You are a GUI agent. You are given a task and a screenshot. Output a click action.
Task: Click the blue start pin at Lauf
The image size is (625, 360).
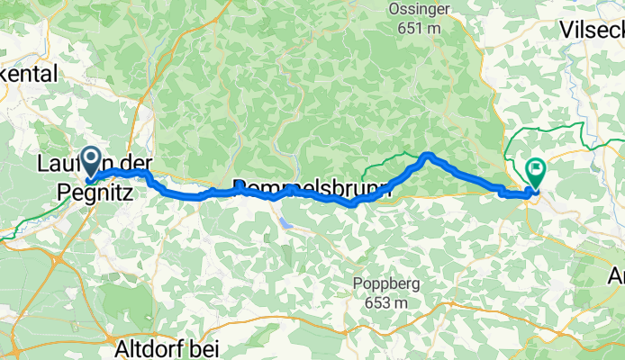point(92,161)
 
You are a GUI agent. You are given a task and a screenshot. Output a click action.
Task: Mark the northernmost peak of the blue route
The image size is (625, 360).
point(428,156)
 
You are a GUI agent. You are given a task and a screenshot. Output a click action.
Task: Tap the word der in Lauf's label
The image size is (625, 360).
point(136,164)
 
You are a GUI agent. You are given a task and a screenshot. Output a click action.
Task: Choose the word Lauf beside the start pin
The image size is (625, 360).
point(59,164)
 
